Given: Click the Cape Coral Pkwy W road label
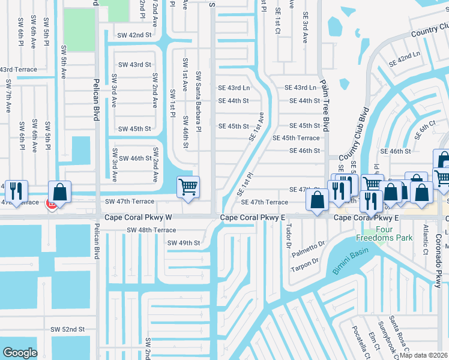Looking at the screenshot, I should (x=139, y=217).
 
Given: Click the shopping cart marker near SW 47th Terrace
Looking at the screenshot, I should (x=188, y=188).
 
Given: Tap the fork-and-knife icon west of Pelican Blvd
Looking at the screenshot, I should (x=16, y=191).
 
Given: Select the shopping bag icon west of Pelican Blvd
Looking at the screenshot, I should (x=60, y=192).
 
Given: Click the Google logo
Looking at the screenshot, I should (x=20, y=353).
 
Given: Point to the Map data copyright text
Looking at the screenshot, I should (x=424, y=355).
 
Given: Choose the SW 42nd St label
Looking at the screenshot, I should (x=134, y=35).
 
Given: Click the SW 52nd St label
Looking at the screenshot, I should (x=67, y=329).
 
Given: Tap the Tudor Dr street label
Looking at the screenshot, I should (x=289, y=238).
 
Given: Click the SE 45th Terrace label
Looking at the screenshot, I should (x=296, y=138).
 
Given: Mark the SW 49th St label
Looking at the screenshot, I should (x=183, y=242).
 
